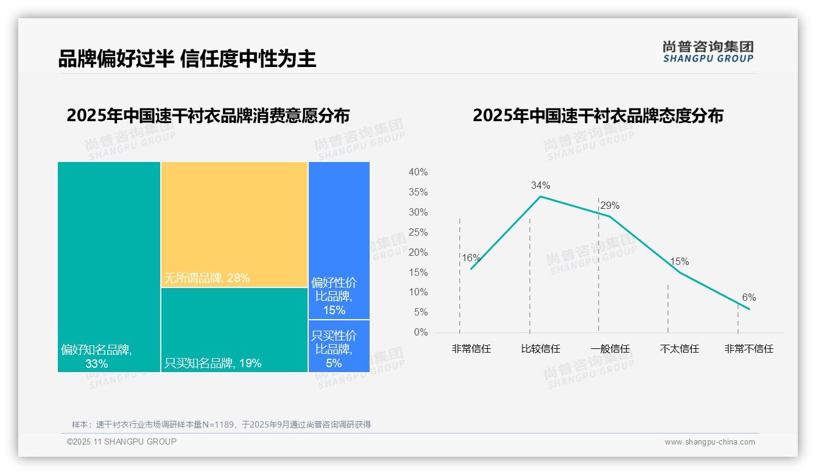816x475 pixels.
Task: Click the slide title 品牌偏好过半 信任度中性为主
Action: [x=187, y=59]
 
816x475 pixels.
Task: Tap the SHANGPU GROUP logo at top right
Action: [x=708, y=52]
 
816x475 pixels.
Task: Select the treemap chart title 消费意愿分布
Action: [x=208, y=116]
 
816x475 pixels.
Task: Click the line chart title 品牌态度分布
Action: [x=597, y=116]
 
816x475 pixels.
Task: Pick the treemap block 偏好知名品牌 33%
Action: [x=109, y=266]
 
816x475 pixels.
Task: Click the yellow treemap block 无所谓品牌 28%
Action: [x=234, y=224]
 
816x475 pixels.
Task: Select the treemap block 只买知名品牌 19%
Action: [x=234, y=329]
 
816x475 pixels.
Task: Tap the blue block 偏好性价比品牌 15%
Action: [x=339, y=241]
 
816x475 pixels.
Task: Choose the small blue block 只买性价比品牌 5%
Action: [x=339, y=346]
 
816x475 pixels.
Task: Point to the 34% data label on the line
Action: [x=540, y=185]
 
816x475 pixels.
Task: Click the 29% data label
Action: [x=610, y=206]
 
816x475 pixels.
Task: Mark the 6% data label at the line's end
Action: [x=748, y=297]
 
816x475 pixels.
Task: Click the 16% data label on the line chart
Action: [x=471, y=258]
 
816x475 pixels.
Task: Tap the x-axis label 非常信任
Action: [x=471, y=349]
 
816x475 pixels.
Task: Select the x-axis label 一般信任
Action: [x=610, y=349]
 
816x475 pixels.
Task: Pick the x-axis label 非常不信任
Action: [x=748, y=349]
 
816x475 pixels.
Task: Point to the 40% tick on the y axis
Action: [x=418, y=172]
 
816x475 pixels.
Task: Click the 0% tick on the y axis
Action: [x=421, y=332]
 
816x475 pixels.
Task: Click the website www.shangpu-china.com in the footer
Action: [x=709, y=442]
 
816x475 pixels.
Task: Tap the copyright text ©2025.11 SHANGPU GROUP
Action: [x=122, y=442]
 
